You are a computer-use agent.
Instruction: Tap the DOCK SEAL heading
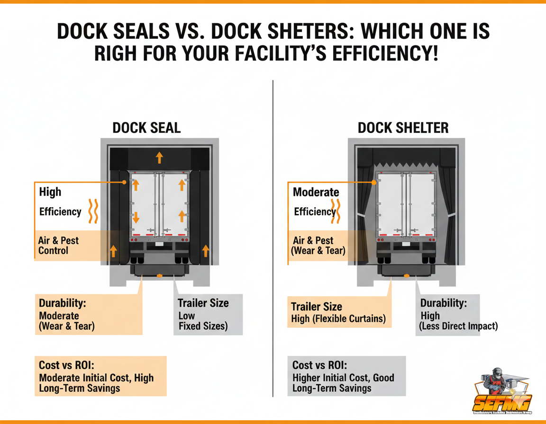tap(146, 128)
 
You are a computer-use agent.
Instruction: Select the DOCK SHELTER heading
tap(403, 128)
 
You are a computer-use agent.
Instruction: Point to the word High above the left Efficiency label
tap(50, 192)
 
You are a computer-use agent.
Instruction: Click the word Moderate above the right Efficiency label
tap(316, 192)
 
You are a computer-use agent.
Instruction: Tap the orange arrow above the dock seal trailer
tap(159, 158)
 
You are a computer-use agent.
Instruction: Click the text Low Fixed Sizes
tap(202, 321)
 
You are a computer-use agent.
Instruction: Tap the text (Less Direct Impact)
tap(458, 326)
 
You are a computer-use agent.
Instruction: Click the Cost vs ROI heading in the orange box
tap(67, 365)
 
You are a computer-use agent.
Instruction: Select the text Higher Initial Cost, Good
tap(343, 378)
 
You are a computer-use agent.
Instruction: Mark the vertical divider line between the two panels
tap(273, 237)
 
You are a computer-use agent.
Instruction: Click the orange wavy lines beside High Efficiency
tap(93, 211)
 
